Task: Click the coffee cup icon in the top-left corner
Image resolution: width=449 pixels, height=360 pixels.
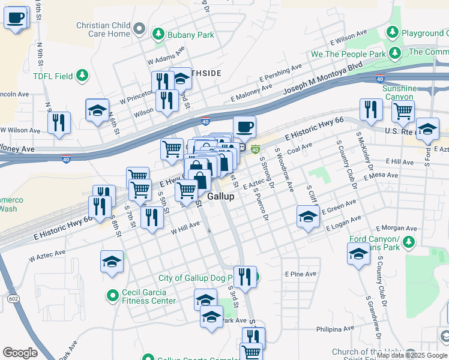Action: coord(16,17)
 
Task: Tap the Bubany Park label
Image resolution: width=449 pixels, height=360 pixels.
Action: coord(191,35)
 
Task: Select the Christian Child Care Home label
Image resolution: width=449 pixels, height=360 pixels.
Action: coord(103,29)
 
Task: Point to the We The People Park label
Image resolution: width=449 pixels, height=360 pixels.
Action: coord(348,54)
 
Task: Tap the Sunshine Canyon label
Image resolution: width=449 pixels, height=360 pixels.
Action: coord(399,92)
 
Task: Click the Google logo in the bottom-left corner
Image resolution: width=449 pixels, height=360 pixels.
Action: coord(20,353)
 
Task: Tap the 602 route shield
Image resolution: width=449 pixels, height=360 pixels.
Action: coord(12,298)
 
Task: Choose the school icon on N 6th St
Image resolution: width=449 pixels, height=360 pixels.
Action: coord(97,110)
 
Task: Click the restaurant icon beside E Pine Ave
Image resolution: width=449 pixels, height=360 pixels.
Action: coord(244,277)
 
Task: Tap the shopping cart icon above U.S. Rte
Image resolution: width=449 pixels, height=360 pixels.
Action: coord(403,110)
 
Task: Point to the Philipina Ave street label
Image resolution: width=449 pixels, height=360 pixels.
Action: coord(335,329)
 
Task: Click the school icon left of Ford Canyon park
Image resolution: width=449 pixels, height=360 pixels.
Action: coord(359,253)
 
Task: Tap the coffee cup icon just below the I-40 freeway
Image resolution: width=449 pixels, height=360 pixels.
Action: coord(244,127)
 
